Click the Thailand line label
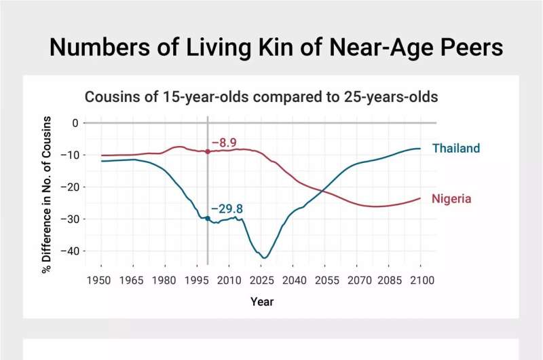tap(455, 148)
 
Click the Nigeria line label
tap(451, 199)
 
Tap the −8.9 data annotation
tap(223, 143)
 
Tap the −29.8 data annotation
tap(226, 209)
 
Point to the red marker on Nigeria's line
tap(207, 151)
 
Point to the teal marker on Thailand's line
tap(207, 218)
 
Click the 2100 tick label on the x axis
tap(420, 280)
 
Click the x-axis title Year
tap(261, 301)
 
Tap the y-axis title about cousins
tap(47, 194)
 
